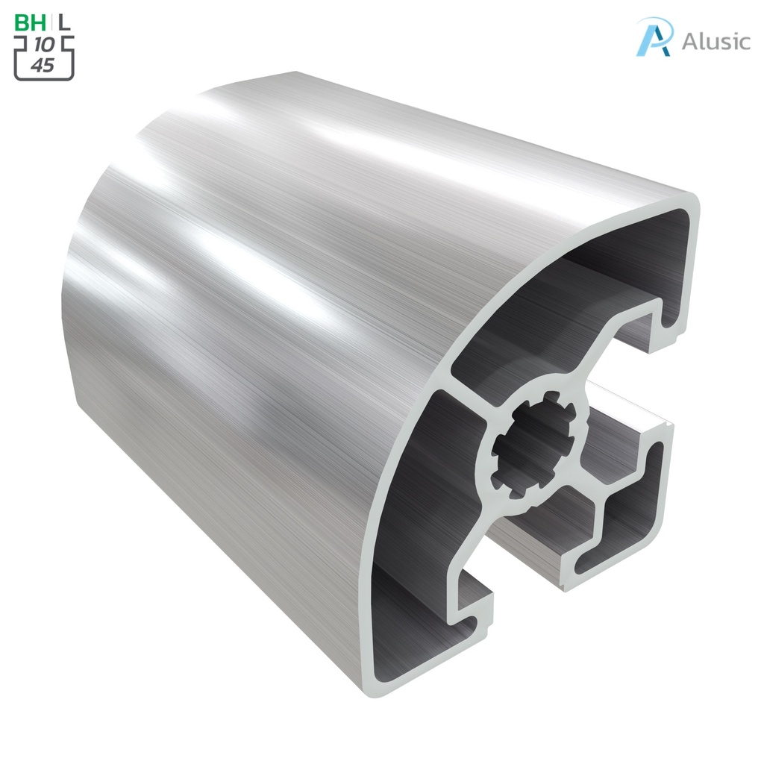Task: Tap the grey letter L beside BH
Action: (x=65, y=22)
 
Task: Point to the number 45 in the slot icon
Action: (x=43, y=66)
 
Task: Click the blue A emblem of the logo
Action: (x=654, y=37)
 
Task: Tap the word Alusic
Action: (x=715, y=41)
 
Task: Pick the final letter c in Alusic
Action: (x=742, y=43)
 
